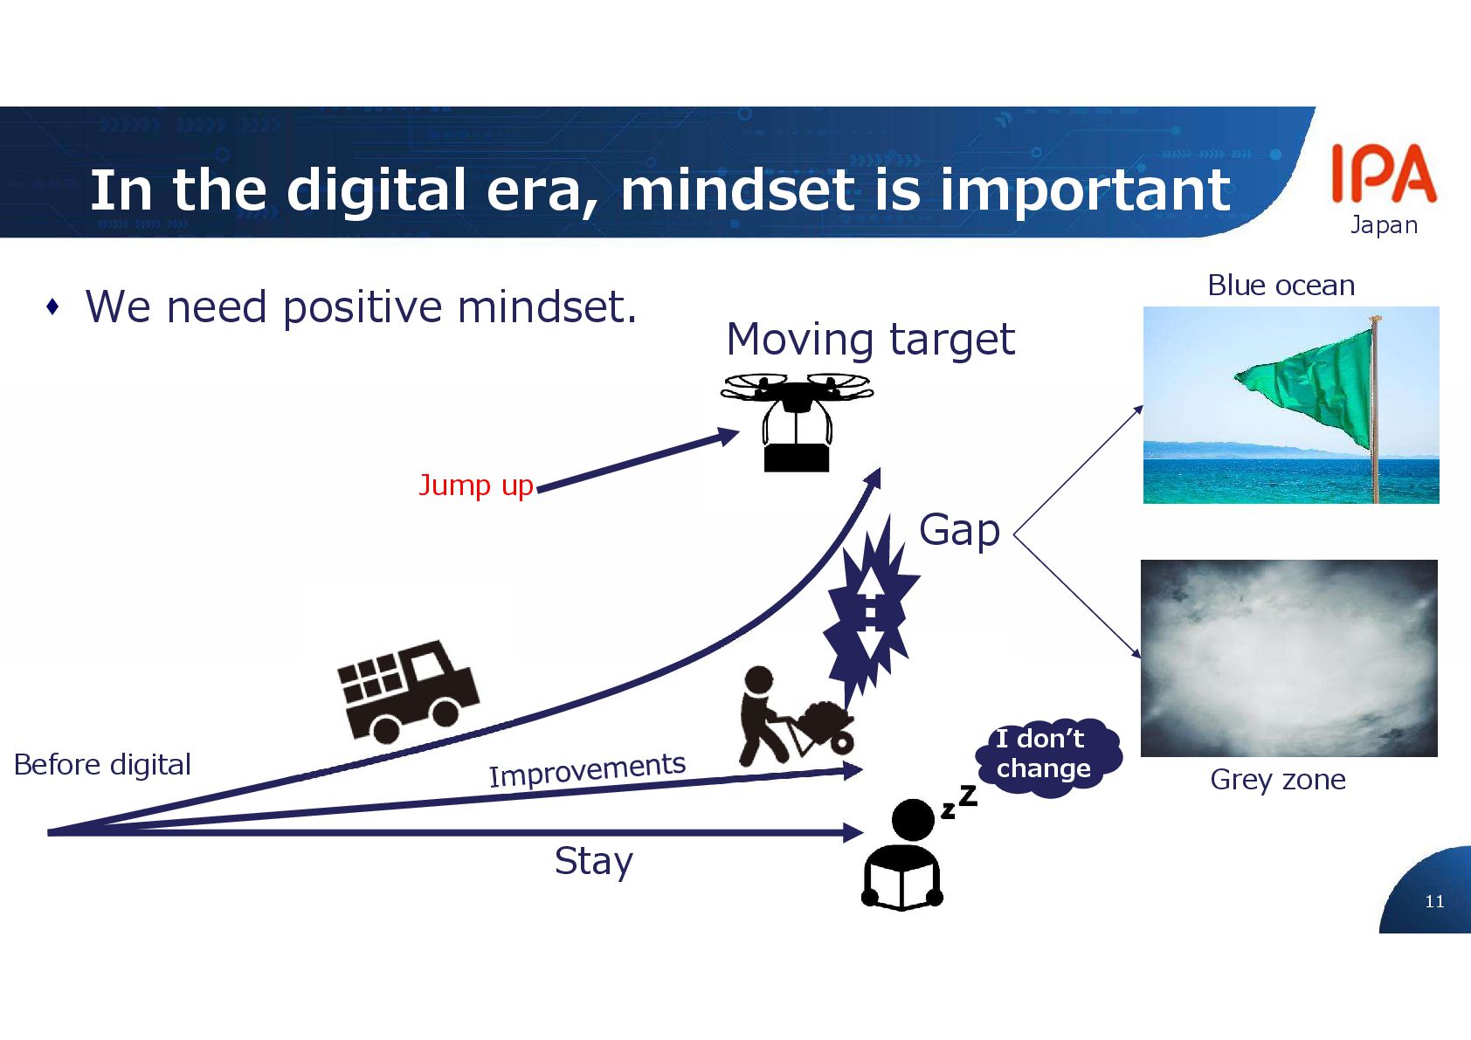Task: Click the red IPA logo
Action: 1385,173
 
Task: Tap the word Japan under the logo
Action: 1384,225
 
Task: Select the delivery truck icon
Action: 408,692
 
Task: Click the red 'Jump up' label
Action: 476,486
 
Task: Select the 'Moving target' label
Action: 870,340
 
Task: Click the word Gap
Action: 959,530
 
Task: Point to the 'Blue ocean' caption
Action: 1281,286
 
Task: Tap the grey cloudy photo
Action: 1289,658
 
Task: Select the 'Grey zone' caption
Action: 1278,780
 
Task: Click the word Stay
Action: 594,861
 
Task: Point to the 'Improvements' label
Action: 587,769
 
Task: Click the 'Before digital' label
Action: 102,765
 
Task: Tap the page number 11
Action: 1435,901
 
